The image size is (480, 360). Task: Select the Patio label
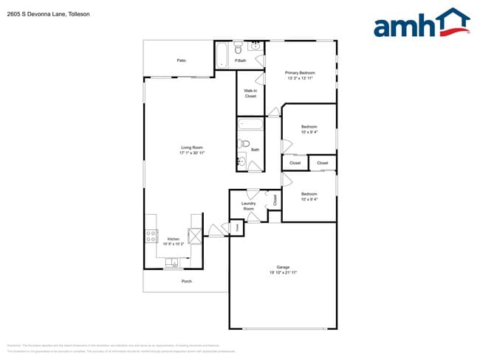[181, 60]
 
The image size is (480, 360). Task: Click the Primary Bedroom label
[301, 72]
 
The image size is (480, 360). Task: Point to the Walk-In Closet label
[250, 94]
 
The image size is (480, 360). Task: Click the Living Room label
[192, 148]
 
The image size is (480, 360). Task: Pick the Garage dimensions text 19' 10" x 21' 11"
[283, 273]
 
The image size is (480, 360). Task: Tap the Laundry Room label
[248, 206]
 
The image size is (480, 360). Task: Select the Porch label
[187, 281]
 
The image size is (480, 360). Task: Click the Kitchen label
[173, 238]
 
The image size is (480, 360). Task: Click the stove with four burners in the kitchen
[151, 237]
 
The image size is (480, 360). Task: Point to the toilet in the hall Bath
[246, 144]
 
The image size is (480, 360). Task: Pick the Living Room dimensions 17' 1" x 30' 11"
[192, 153]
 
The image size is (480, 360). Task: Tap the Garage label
[283, 267]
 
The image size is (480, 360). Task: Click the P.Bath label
[240, 60]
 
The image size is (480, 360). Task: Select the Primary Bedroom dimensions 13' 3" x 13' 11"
[301, 78]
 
